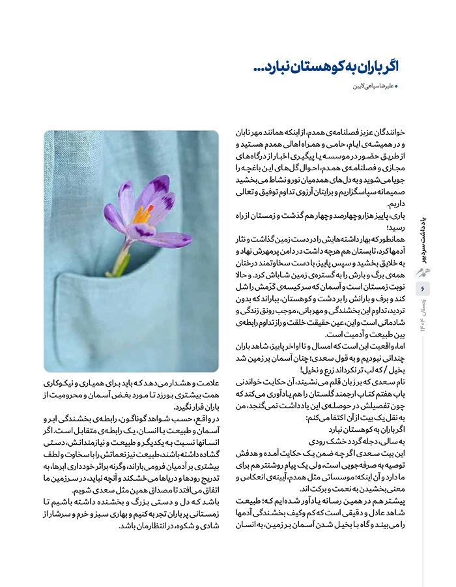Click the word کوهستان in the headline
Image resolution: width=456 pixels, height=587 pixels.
coord(302,66)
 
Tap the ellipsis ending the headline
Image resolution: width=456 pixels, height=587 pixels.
coord(257,67)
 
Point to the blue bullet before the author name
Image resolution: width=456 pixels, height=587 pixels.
coord(397,86)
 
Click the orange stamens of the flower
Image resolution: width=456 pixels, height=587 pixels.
coord(143,213)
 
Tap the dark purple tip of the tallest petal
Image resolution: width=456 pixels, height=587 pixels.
coord(160,183)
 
